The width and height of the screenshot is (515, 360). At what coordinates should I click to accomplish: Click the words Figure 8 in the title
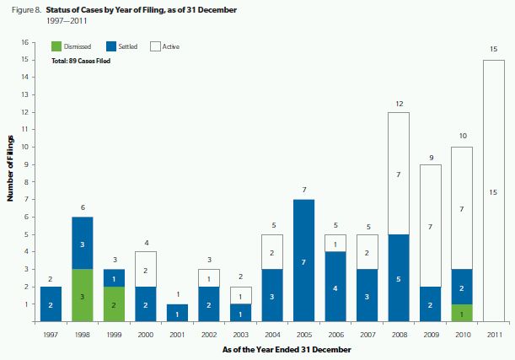(x=22, y=9)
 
